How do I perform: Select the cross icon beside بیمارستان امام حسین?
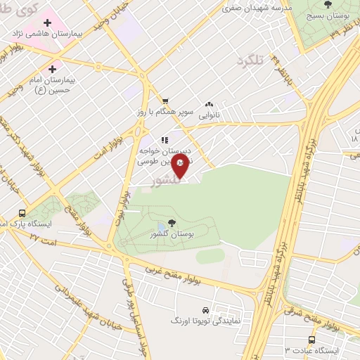tap(52, 70)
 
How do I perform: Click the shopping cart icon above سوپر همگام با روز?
tap(165, 101)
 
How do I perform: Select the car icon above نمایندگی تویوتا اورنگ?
tap(205, 309)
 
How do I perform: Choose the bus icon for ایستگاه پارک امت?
tap(23, 213)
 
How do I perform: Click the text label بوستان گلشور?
tap(173, 235)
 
